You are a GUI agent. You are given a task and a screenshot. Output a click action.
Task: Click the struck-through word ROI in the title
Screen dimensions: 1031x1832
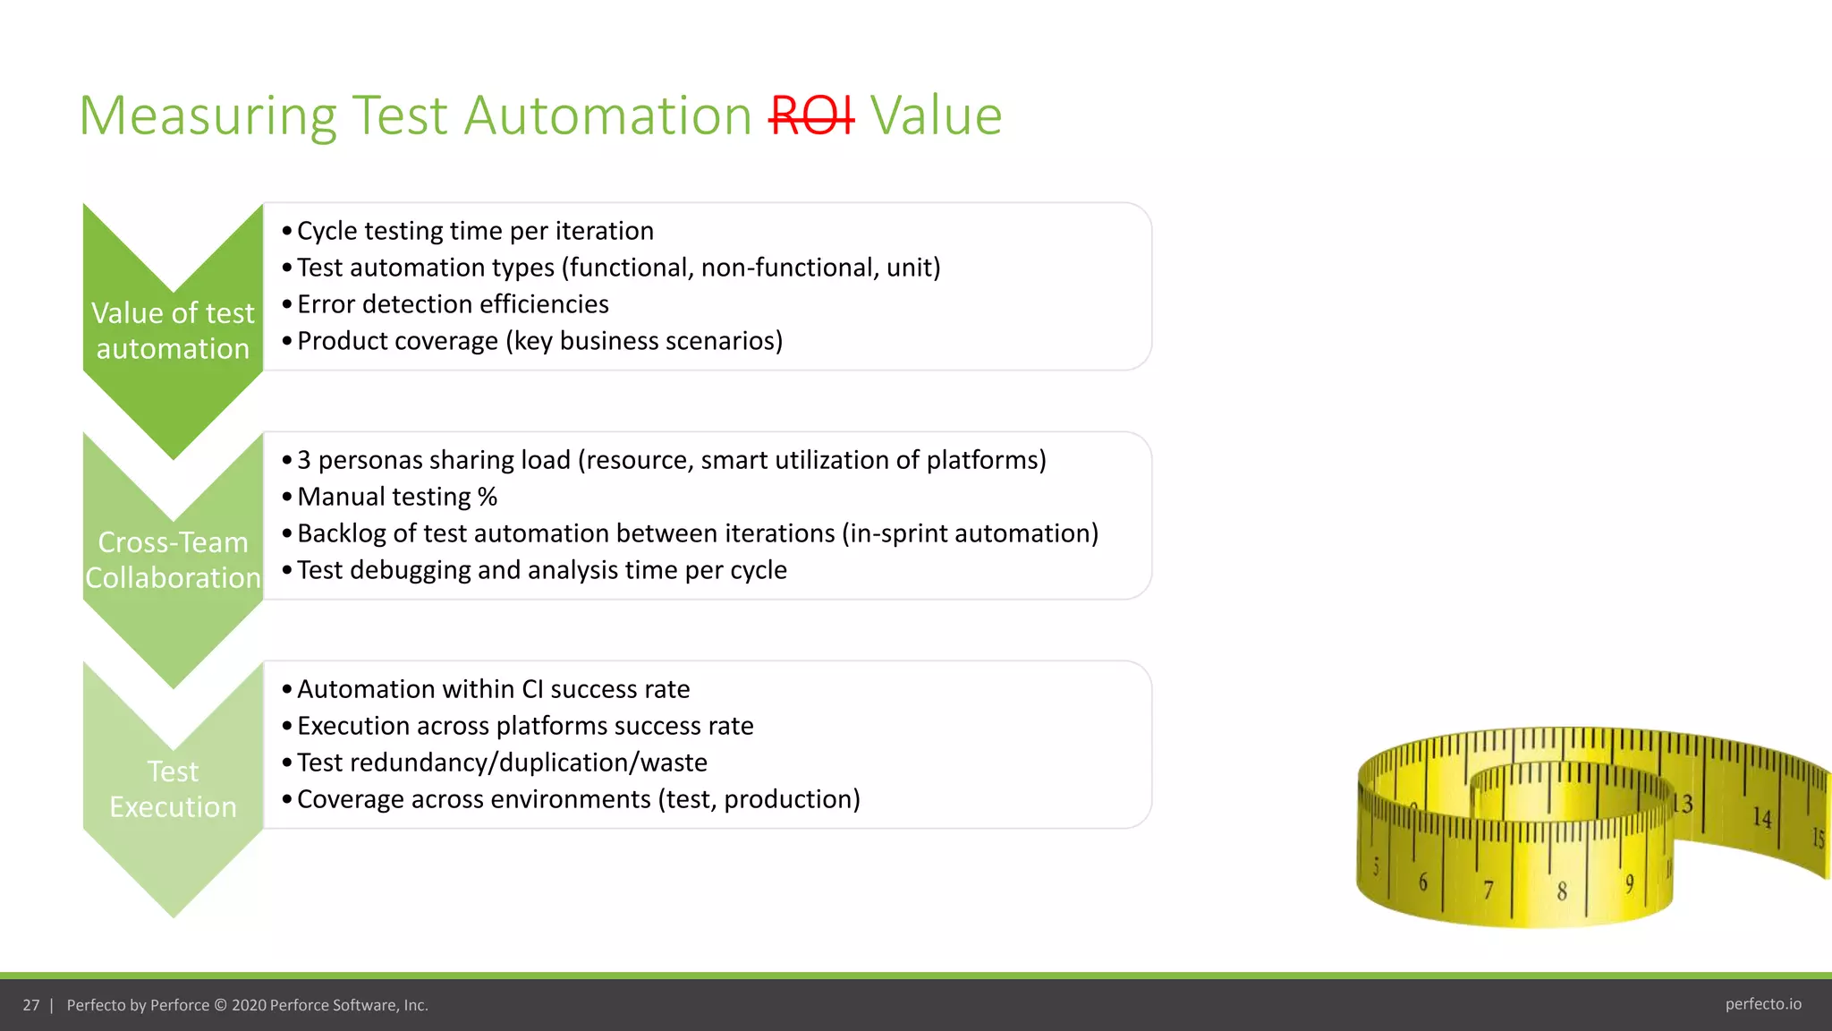[811, 116]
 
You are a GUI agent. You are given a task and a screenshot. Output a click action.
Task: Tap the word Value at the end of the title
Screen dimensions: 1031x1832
[936, 116]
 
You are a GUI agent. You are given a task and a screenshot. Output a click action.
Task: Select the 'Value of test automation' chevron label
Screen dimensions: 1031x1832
[173, 330]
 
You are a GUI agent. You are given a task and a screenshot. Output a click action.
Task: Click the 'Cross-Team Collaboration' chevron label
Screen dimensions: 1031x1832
[173, 559]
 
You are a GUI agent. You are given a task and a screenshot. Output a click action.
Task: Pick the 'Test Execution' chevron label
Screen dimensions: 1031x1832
[173, 788]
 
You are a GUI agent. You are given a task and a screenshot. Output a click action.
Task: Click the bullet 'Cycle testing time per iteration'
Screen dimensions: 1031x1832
[475, 231]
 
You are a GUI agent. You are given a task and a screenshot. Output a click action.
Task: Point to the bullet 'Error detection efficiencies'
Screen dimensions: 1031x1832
[453, 304]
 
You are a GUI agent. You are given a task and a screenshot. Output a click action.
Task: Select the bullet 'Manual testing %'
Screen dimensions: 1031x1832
[397, 497]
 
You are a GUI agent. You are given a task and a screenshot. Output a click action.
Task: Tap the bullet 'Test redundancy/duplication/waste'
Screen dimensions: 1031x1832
[502, 763]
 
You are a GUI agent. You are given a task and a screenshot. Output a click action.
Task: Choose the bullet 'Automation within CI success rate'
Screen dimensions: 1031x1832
[493, 689]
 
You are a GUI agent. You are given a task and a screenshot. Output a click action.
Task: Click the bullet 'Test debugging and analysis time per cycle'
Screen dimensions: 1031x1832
[542, 570]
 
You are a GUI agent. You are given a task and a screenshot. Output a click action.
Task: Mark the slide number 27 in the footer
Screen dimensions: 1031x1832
[31, 1005]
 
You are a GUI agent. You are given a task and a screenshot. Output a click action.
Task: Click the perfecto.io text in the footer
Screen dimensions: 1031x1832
[1763, 1004]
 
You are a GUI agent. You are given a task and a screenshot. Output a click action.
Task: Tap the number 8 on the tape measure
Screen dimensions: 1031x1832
[1562, 891]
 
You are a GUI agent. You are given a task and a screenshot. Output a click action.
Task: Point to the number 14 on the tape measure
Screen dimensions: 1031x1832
[1761, 817]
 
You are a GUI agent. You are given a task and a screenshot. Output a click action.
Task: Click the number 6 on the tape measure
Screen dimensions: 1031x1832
[1423, 882]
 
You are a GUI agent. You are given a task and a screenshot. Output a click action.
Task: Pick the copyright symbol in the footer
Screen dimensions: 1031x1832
[220, 1005]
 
